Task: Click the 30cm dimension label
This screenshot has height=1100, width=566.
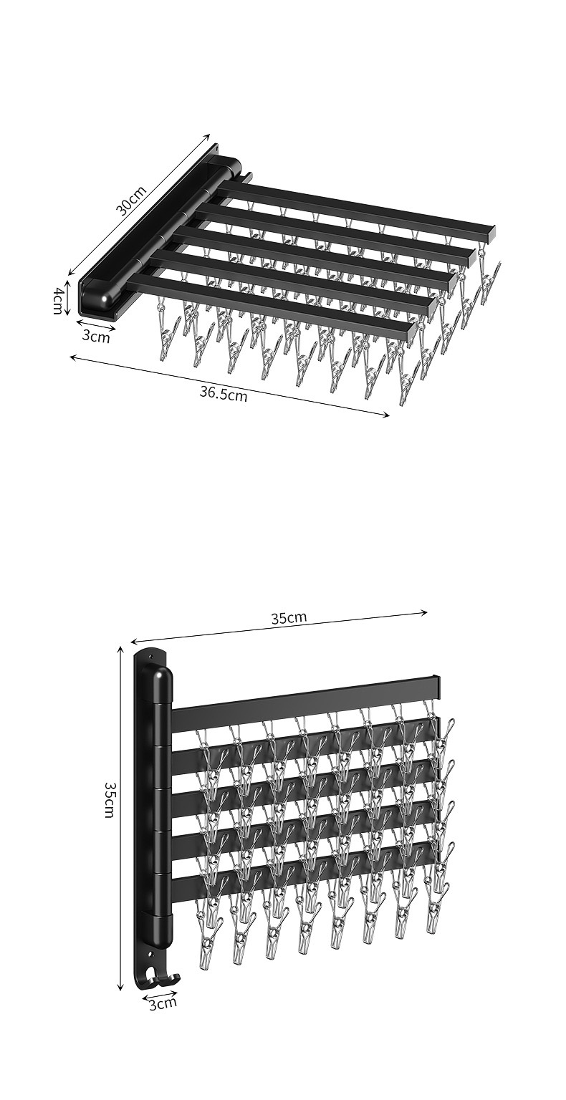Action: pos(131,201)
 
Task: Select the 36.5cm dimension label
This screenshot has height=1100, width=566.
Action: pos(224,393)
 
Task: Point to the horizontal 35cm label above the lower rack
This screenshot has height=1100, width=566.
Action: pos(289,617)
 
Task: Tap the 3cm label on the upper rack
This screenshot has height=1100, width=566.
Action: pos(96,337)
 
